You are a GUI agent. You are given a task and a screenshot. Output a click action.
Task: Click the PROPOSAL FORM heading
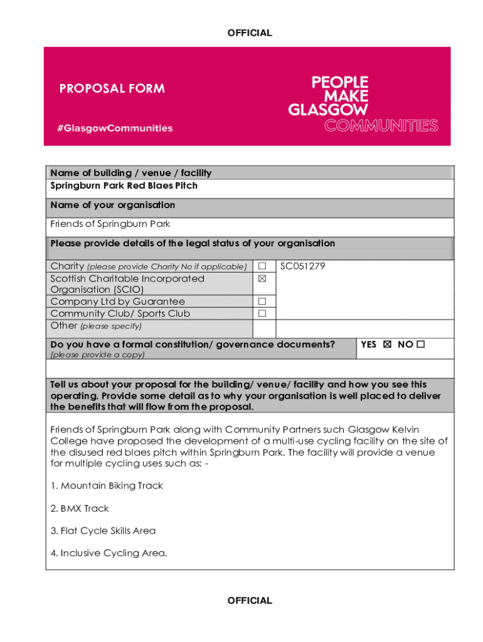click(112, 88)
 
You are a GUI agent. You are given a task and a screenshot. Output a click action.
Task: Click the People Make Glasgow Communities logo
click(363, 104)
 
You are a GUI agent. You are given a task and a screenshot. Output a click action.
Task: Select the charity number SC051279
click(302, 266)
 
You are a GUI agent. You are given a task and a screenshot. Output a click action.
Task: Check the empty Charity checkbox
click(262, 266)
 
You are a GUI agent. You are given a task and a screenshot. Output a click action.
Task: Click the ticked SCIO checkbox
click(262, 278)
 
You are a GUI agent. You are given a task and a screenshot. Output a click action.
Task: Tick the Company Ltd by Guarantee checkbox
click(262, 302)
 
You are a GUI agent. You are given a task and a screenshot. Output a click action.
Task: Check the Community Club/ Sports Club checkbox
click(262, 313)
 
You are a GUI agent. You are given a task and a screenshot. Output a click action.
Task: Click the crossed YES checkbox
click(386, 344)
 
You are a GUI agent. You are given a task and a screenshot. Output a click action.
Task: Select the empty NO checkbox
click(420, 344)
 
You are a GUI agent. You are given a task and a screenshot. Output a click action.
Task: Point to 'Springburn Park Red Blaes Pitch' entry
click(124, 186)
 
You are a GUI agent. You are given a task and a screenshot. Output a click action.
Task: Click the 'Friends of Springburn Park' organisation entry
click(110, 224)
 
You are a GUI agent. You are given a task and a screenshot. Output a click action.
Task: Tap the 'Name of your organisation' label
click(113, 205)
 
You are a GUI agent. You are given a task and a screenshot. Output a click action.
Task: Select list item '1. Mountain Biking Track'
click(107, 485)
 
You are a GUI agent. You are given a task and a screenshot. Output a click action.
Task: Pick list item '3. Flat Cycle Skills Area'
click(103, 530)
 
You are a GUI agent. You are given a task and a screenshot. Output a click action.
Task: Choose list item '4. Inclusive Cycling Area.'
click(109, 553)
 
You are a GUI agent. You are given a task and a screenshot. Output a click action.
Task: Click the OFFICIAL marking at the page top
click(250, 33)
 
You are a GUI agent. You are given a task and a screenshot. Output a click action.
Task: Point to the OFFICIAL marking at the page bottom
click(250, 601)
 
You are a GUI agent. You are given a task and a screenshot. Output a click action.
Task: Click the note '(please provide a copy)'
click(97, 355)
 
